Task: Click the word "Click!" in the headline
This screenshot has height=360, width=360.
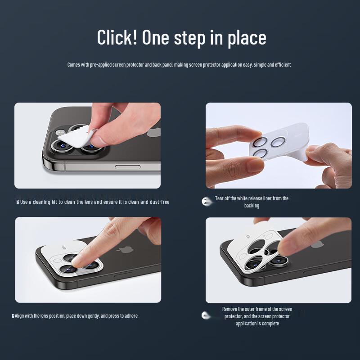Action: click(x=117, y=37)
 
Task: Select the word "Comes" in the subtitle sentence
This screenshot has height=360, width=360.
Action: click(x=73, y=65)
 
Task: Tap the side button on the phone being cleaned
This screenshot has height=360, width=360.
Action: click(x=128, y=167)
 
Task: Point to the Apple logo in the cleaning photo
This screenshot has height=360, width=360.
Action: click(x=154, y=133)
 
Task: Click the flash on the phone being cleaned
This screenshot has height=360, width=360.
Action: click(x=61, y=132)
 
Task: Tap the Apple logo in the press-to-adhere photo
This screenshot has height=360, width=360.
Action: click(x=125, y=250)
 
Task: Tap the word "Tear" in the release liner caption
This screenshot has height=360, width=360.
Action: click(x=219, y=198)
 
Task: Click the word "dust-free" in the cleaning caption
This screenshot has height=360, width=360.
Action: click(x=160, y=202)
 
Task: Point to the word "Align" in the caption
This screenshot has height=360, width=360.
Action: click(x=19, y=316)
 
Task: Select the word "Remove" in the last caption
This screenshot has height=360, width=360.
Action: click(x=229, y=309)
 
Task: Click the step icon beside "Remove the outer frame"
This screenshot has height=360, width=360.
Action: click(x=206, y=315)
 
